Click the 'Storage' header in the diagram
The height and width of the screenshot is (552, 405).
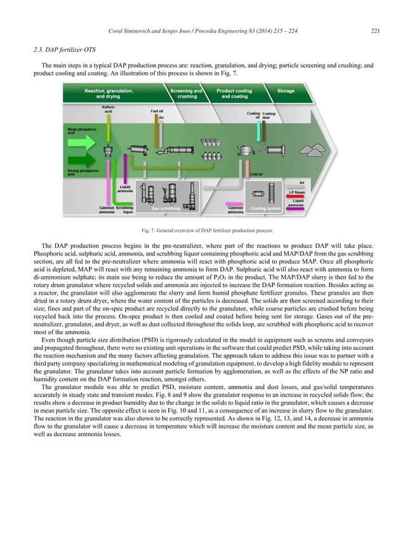point(286,91)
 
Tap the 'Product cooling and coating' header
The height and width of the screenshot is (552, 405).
point(234,94)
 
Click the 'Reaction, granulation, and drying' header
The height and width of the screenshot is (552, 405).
point(109,94)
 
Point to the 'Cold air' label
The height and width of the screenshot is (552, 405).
point(257,174)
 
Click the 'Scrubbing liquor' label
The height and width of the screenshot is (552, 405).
point(124,209)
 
